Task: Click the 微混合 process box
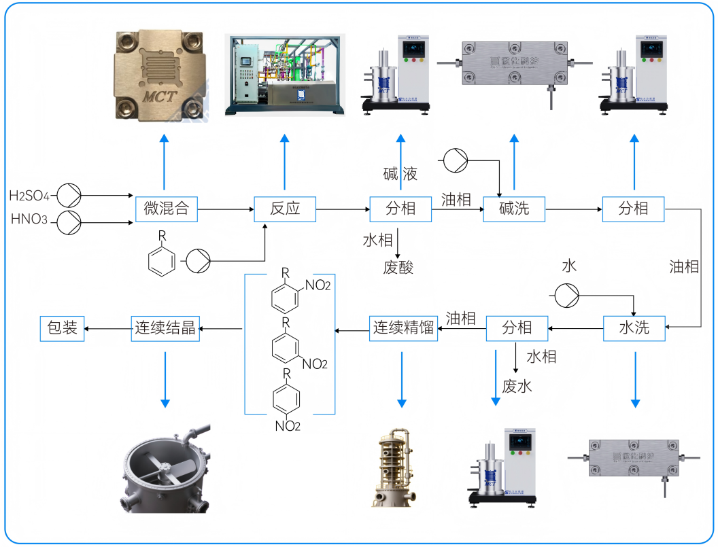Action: coord(166,209)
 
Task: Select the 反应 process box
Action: coord(285,209)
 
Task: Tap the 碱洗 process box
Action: coord(515,209)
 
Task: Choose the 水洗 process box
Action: coord(634,328)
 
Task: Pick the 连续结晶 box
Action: coord(165,328)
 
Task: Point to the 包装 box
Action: coord(62,328)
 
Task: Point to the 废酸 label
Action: coord(398,267)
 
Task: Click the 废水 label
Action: coord(517,387)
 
